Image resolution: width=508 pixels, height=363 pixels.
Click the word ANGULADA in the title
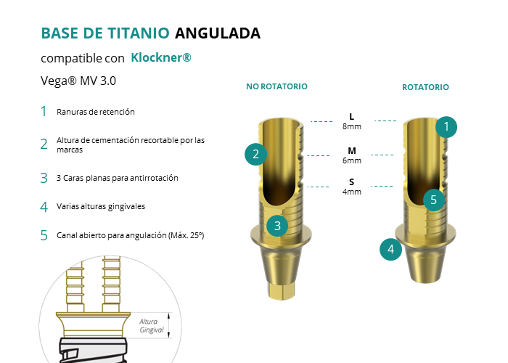(x=218, y=33)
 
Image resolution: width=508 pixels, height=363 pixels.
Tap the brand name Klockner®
(x=161, y=57)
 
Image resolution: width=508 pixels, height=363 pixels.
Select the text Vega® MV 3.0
(x=78, y=81)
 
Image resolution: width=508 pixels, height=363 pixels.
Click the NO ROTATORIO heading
(x=276, y=86)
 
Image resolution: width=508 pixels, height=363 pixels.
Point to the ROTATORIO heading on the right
(x=425, y=87)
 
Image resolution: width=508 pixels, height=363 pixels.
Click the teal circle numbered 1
(x=446, y=127)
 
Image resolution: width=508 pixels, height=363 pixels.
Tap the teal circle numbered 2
(x=255, y=154)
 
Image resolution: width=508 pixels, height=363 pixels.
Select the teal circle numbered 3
(x=277, y=226)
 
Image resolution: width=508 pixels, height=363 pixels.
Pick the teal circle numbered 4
(x=390, y=250)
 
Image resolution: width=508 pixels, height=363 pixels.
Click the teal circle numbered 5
(x=434, y=200)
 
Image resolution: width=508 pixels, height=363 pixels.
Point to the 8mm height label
(x=352, y=126)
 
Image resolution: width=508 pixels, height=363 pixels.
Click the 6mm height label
(x=352, y=160)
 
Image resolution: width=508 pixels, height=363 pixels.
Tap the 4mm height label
(x=352, y=192)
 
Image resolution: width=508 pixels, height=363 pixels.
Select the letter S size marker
(x=352, y=181)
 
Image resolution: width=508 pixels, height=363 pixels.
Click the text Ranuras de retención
(x=96, y=112)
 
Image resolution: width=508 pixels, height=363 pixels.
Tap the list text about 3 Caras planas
(x=118, y=178)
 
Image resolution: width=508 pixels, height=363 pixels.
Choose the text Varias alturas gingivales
(x=101, y=206)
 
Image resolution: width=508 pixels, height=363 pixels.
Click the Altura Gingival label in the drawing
(x=151, y=326)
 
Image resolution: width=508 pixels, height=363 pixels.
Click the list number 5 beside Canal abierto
(x=44, y=236)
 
